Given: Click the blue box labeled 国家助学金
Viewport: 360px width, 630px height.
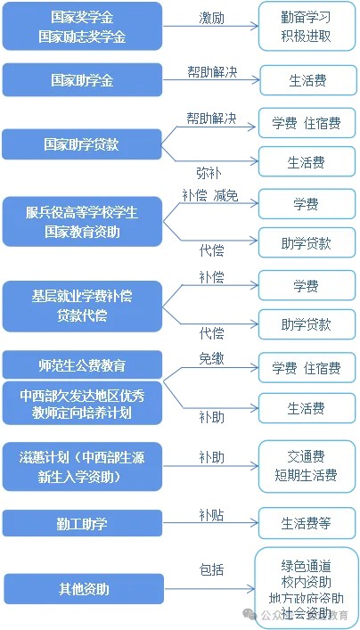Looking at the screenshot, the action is point(82,80).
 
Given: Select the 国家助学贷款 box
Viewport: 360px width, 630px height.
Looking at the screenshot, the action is point(82,144).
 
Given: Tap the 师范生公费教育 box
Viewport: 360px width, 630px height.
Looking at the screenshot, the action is point(82,364).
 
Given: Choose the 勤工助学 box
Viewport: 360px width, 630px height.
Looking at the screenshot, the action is point(82,524).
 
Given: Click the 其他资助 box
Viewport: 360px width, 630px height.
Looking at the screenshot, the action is point(84,589).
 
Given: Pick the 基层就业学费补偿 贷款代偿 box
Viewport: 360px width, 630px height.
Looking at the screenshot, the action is point(82,307).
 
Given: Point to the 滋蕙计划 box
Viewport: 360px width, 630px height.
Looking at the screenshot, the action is point(82,466).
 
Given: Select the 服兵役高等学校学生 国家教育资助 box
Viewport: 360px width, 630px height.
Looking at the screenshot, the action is point(82,222).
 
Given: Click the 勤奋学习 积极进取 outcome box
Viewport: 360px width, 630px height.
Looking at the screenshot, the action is point(307,26).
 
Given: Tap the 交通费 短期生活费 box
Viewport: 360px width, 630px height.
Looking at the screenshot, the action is point(307,466).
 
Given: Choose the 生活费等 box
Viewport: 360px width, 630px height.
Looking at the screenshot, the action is point(307,524).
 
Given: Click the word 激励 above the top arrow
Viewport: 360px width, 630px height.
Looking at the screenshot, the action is point(212,19).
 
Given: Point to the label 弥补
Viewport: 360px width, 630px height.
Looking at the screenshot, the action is point(209,173).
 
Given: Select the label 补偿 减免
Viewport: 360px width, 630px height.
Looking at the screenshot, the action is point(210,195).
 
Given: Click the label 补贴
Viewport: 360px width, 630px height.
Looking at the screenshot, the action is point(212,515).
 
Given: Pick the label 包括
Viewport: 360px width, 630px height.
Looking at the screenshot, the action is point(212,569).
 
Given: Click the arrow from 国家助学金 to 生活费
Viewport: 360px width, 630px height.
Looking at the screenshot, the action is point(211,80).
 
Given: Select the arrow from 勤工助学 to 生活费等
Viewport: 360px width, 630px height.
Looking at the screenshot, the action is point(210,523).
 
